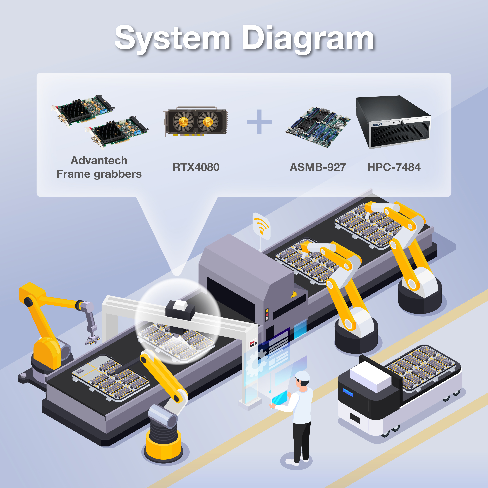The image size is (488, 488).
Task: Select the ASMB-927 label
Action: point(317,167)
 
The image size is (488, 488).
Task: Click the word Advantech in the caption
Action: point(99,161)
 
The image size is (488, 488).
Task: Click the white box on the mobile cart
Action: point(370,376)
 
